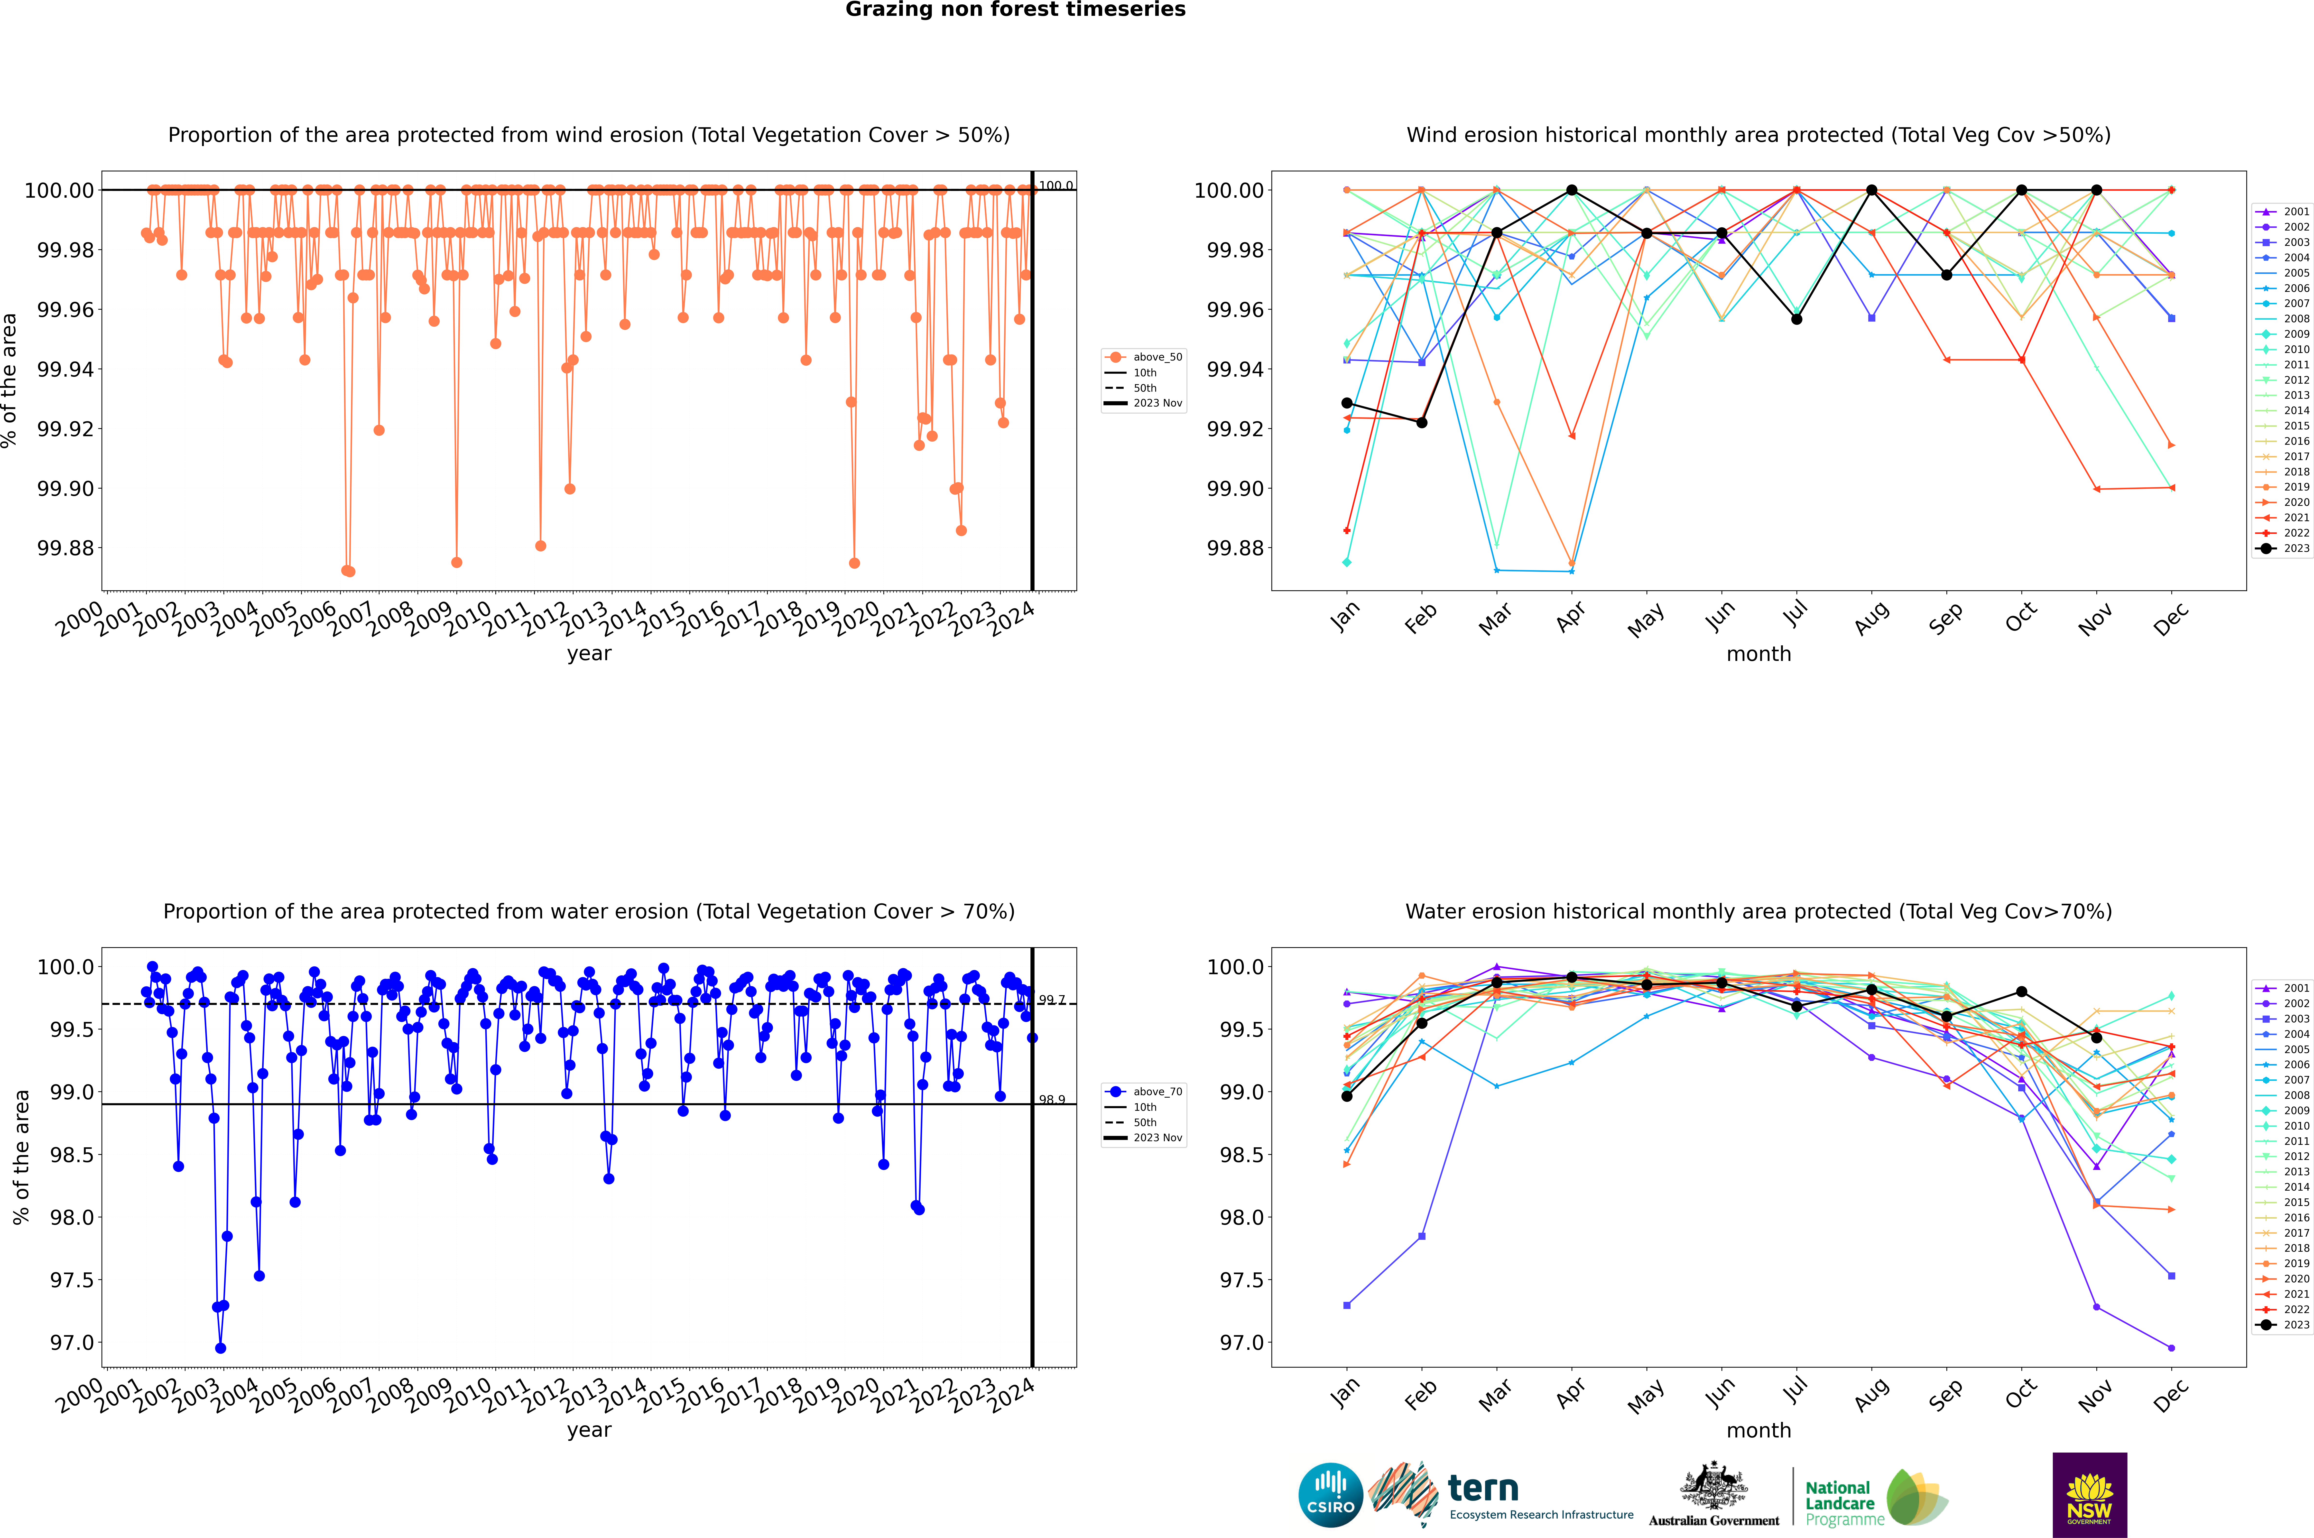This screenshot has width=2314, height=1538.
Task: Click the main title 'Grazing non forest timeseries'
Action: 1015,10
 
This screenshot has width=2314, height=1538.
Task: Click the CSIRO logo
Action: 1330,1495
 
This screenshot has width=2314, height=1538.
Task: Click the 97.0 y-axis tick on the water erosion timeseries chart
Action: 72,1343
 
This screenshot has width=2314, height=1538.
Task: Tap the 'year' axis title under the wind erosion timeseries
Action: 589,653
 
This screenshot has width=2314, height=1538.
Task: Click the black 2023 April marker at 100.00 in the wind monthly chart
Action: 1572,190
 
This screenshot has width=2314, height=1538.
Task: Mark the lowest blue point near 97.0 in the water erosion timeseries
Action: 221,1348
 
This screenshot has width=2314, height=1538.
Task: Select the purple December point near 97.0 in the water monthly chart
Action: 2171,1348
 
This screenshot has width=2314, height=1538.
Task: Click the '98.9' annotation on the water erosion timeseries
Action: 1052,1100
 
